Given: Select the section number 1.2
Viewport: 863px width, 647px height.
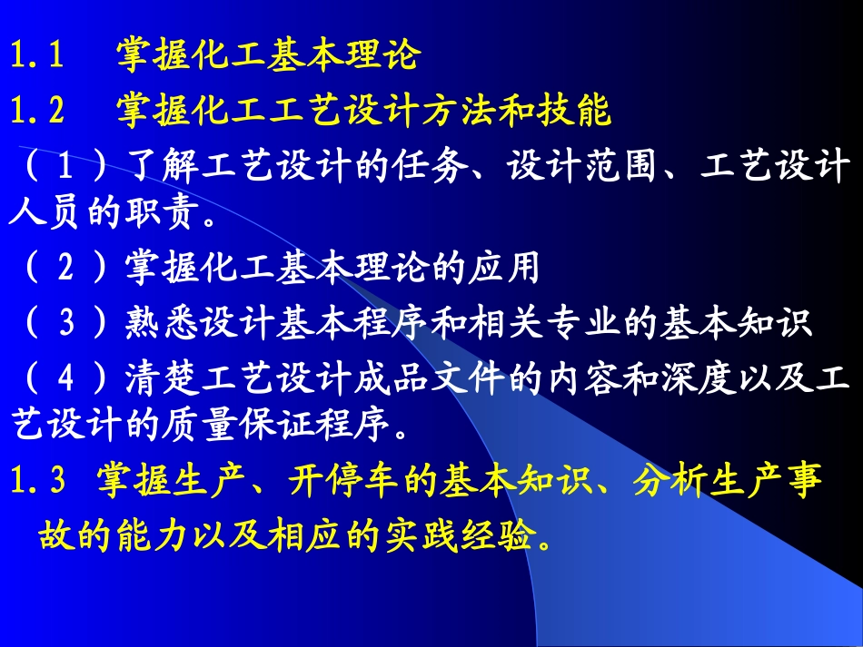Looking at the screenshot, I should (x=37, y=112).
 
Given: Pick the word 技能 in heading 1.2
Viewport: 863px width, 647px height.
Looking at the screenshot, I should (x=584, y=112).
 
